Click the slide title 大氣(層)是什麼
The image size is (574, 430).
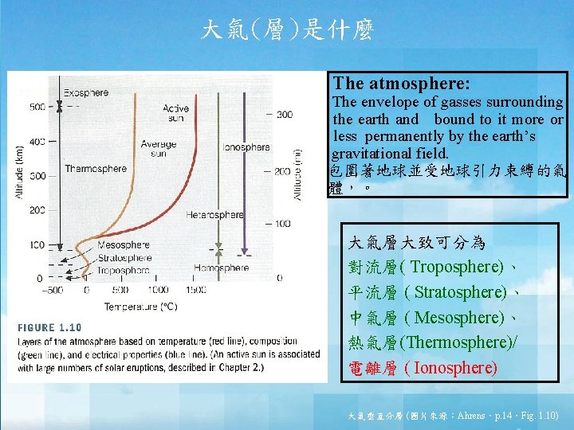tap(286, 31)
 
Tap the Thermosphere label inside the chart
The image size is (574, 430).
tap(96, 168)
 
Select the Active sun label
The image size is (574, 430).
tap(175, 113)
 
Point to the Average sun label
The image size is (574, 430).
tap(158, 149)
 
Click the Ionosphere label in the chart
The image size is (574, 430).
tap(246, 147)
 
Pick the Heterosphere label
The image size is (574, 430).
tap(214, 215)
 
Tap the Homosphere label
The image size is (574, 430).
tap(221, 268)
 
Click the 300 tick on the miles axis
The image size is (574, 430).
tap(285, 115)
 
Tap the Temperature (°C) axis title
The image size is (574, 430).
tap(140, 306)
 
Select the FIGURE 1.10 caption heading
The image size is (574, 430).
tap(49, 326)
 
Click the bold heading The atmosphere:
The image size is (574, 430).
tap(402, 83)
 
